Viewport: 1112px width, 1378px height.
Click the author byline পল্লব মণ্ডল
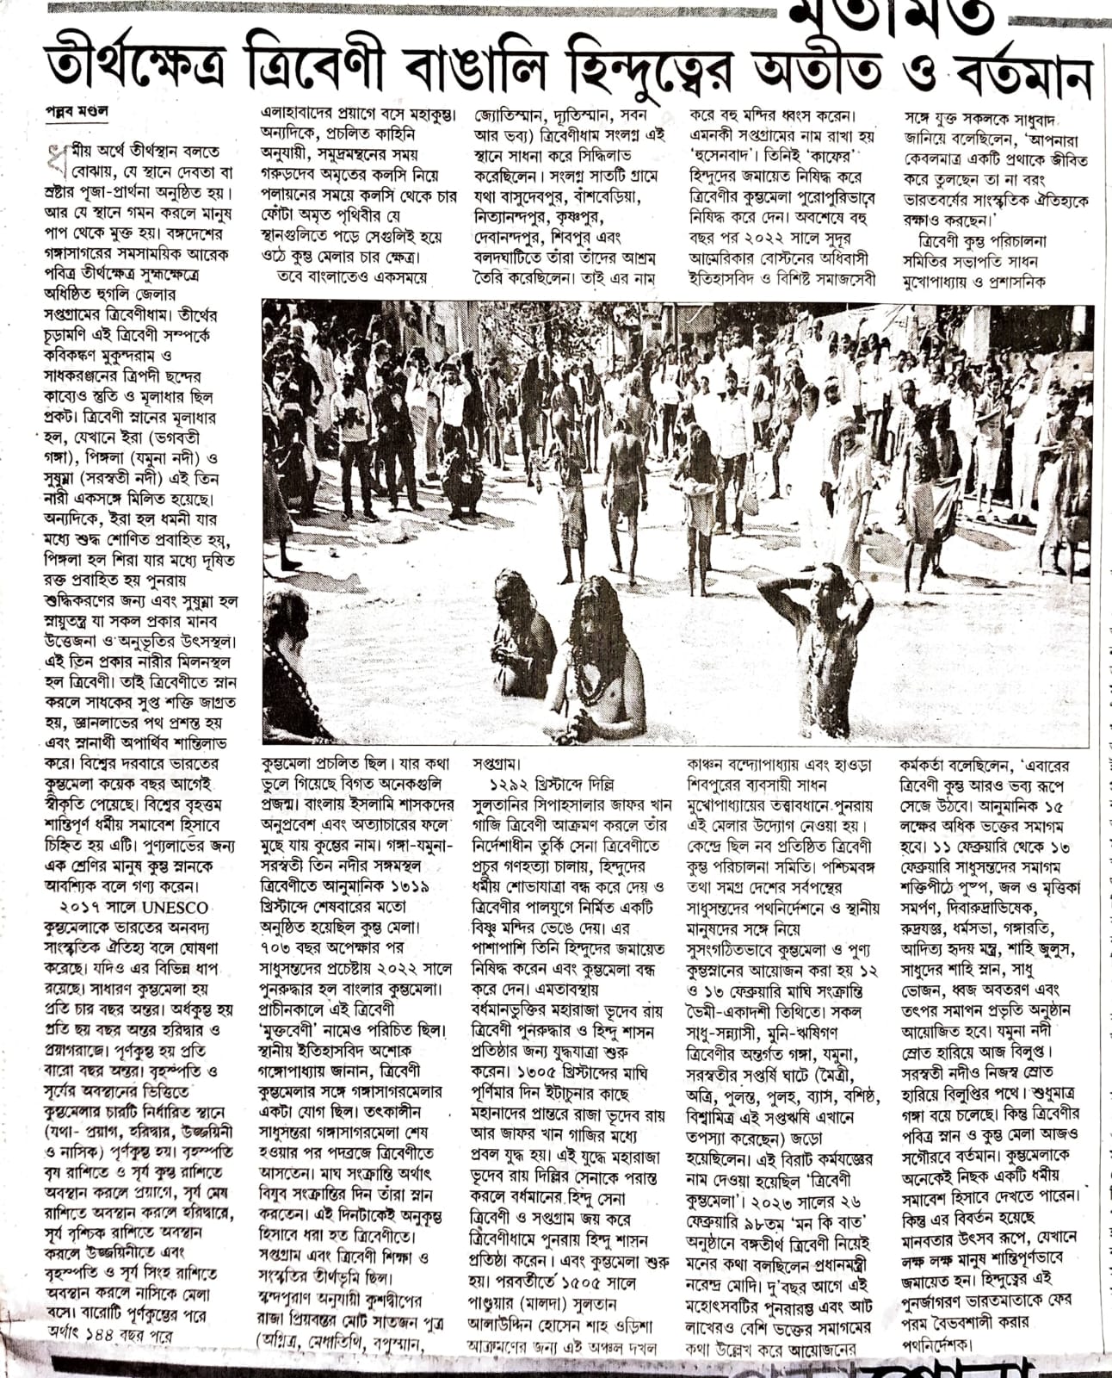(77, 112)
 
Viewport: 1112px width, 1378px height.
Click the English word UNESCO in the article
(176, 907)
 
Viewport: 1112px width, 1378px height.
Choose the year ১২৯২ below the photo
(509, 785)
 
